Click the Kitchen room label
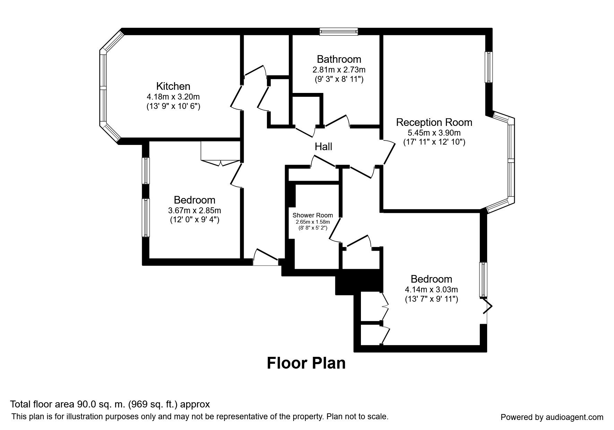(173, 86)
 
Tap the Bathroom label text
(339, 59)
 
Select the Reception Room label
(434, 122)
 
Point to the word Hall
(323, 147)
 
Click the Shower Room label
(313, 215)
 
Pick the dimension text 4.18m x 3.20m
(173, 97)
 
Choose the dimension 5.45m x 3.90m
(434, 133)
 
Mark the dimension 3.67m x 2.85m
(194, 210)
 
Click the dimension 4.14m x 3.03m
(432, 290)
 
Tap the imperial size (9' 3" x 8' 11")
(339, 79)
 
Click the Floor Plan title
(306, 363)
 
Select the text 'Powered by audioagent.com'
(552, 417)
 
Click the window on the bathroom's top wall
(339, 32)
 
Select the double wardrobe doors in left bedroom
(220, 162)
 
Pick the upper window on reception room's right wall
(488, 67)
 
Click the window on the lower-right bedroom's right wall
(483, 280)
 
